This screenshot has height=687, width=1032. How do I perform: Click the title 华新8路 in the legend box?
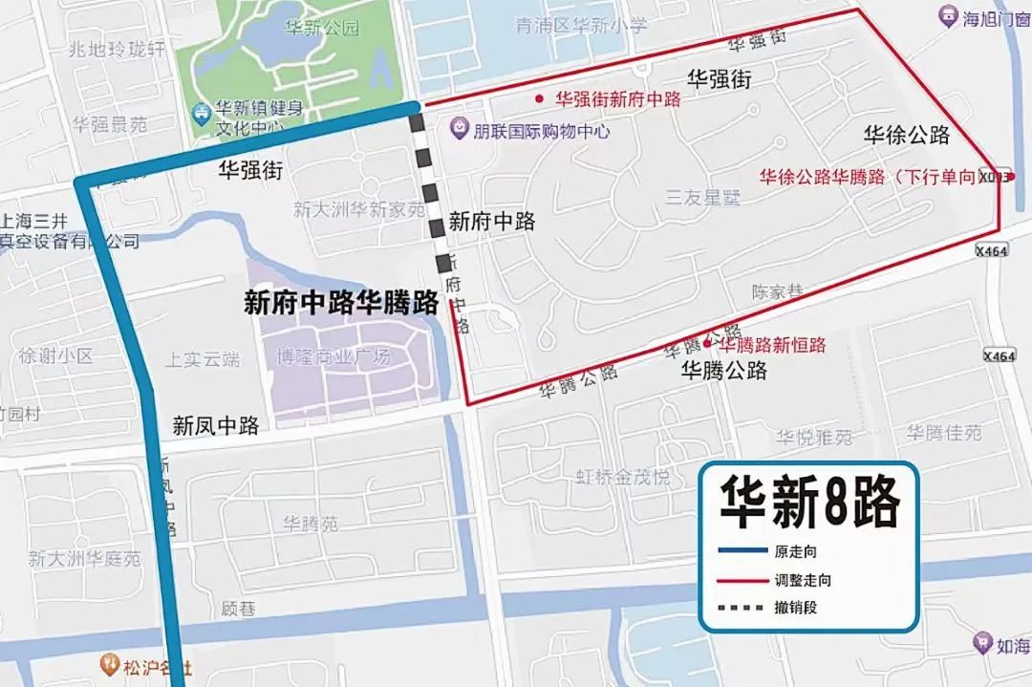pos(809,505)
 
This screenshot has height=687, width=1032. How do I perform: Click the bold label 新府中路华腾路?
pos(341,304)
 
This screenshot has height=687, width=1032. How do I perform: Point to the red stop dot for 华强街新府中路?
pos(540,98)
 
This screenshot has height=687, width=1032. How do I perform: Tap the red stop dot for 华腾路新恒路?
pos(707,344)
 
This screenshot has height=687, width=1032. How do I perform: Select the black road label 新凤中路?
pos(216,426)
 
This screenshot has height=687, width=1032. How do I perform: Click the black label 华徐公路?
pos(907,135)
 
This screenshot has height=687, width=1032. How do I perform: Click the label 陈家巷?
pos(777,292)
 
